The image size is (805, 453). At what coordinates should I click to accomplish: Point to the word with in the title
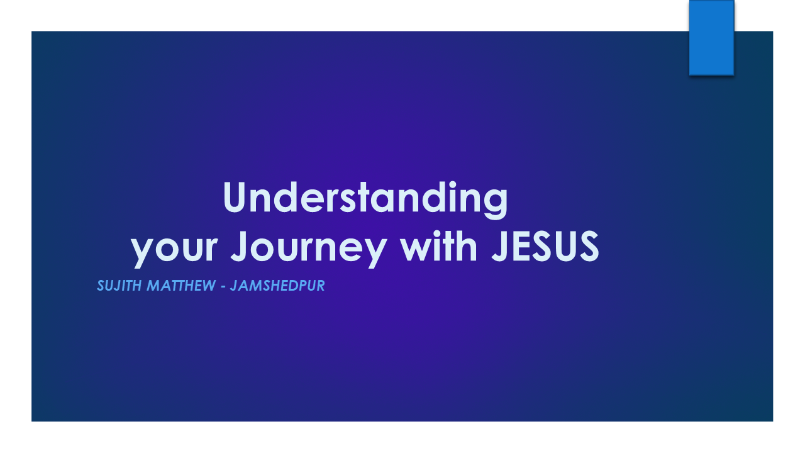pos(439,246)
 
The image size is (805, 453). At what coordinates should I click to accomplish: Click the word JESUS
pos(545,246)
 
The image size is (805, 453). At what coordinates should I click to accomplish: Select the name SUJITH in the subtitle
pos(119,286)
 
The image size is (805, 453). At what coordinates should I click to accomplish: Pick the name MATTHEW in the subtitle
pos(182,286)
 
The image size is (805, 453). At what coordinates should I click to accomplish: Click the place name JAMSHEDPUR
pos(277,286)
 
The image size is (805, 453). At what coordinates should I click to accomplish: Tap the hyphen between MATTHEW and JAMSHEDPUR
pos(223,288)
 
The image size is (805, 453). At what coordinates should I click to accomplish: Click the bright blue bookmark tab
pos(711,37)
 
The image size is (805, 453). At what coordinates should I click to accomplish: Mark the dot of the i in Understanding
pos(452,184)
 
